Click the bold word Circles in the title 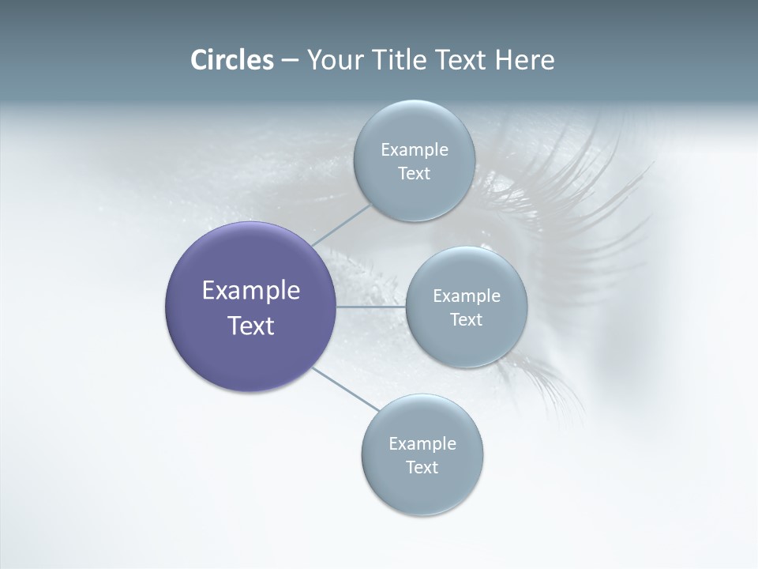[x=232, y=60]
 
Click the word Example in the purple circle [x=251, y=291]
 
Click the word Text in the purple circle [x=251, y=326]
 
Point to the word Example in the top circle [x=415, y=150]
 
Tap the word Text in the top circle [x=414, y=174]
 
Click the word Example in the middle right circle [x=467, y=296]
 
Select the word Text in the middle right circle [x=466, y=320]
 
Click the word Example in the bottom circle [x=422, y=444]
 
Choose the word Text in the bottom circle [x=422, y=468]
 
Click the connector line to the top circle [x=341, y=224]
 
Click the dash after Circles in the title [x=290, y=61]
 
